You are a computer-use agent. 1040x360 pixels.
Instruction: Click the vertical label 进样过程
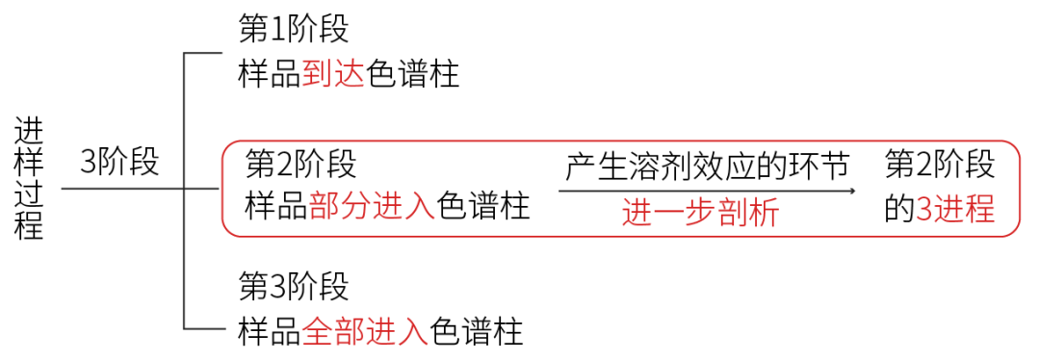pos(29,179)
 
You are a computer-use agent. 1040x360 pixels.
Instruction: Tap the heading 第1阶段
pos(294,29)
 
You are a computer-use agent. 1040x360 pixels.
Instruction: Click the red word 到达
pos(333,74)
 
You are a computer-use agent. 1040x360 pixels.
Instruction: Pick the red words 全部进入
pos(365,332)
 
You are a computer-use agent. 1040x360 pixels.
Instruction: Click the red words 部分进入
pos(372,206)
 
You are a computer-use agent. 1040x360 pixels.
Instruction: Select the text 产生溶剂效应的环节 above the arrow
pos(707,166)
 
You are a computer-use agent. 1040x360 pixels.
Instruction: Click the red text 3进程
pos(955,209)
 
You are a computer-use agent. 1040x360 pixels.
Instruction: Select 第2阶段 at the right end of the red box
pos(940,165)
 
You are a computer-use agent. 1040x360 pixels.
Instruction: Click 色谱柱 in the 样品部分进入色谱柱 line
pos(483,206)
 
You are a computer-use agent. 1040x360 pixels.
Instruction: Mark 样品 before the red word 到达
pos(270,74)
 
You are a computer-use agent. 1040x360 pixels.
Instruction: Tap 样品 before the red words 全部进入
pos(270,332)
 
